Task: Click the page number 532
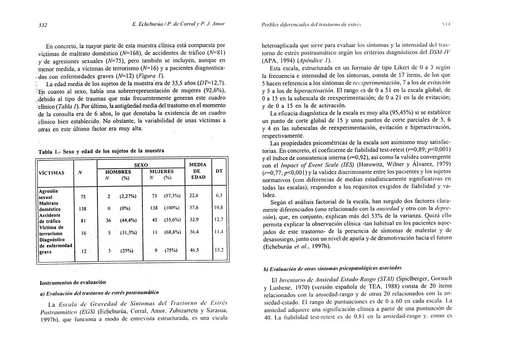point(43,25)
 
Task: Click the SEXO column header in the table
point(141,165)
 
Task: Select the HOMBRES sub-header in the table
point(118,171)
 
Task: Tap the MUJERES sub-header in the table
point(161,171)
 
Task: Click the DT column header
point(219,171)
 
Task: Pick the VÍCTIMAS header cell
point(52,173)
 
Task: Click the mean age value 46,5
point(194,250)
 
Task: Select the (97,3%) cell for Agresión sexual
point(172,196)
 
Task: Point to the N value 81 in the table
point(84,220)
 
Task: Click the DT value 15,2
point(219,250)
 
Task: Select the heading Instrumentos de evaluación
point(73,282)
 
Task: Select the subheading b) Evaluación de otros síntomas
point(332,269)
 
